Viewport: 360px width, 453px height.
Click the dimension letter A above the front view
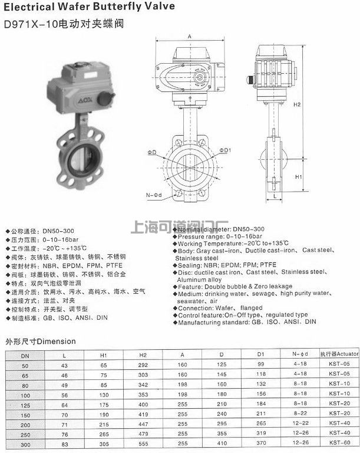click(x=189, y=37)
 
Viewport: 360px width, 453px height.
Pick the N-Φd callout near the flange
click(x=154, y=194)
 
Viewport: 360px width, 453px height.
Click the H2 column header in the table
click(x=143, y=355)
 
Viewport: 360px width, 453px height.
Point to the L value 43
click(x=64, y=365)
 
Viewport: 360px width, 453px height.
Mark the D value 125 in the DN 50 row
click(x=222, y=365)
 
